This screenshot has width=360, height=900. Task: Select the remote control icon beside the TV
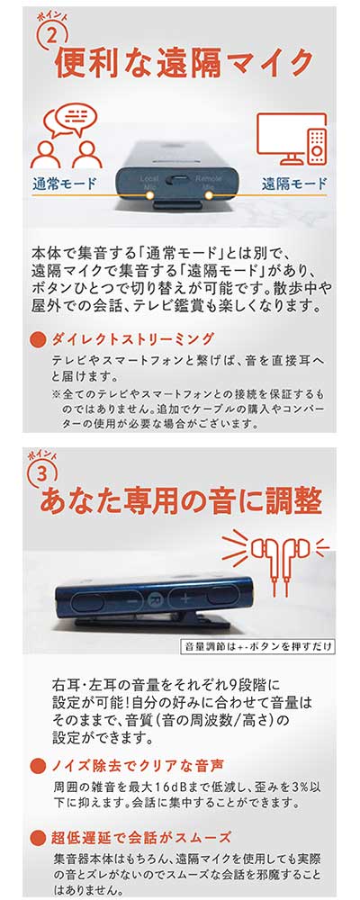[318, 145]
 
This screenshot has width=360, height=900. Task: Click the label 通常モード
[64, 184]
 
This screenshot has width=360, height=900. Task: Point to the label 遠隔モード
[294, 184]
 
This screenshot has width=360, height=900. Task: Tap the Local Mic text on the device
[148, 183]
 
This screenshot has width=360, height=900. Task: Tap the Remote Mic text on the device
[205, 183]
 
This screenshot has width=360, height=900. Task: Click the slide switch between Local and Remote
[176, 180]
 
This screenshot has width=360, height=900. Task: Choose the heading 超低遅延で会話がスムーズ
[141, 836]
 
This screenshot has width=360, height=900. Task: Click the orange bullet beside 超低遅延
[37, 837]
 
